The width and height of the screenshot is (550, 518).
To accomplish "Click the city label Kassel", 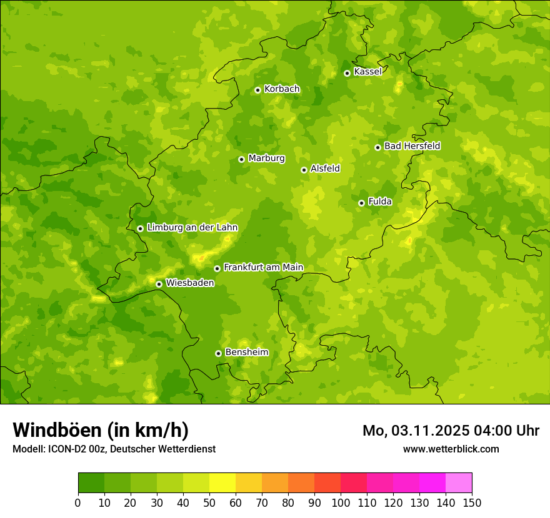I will pos(367,72).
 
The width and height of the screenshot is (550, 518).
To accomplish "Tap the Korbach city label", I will pos(282,89).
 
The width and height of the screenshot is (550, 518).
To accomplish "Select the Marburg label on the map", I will pos(266,159).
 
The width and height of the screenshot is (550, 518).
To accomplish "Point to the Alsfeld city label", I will pos(325,169).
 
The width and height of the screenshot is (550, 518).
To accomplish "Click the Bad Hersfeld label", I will pos(412,146).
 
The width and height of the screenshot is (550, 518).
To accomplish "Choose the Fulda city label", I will pos(380,202).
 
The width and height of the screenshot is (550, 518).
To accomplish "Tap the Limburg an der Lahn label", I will pos(192,228).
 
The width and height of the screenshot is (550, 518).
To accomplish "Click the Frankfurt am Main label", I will pos(263,267).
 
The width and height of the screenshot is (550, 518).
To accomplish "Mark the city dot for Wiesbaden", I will pos(159,284).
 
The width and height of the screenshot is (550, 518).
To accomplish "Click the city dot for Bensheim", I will pos(218,353).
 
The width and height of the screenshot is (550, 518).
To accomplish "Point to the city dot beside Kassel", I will pos(347,73).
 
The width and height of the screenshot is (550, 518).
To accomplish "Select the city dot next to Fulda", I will pos(361,203).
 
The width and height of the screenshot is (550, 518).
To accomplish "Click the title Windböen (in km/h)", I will pos(101,430).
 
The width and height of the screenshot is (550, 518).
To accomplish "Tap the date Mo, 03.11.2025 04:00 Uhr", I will pos(451,431).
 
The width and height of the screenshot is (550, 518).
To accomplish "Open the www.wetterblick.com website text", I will pos(451,449).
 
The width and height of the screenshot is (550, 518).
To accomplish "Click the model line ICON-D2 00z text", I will pos(114,449).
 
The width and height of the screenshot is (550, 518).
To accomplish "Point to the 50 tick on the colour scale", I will pos(209,502).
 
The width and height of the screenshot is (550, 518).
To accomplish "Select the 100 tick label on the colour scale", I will pos(341,502).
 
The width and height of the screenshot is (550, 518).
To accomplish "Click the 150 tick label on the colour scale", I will pos(472,502).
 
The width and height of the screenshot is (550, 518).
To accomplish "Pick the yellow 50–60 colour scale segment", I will pos(222,483).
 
